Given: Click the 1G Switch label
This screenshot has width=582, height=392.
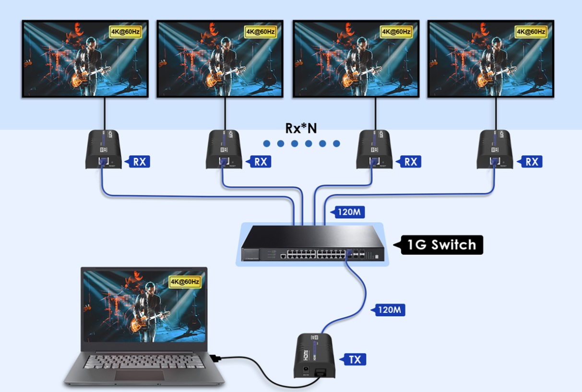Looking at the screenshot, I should (x=441, y=245).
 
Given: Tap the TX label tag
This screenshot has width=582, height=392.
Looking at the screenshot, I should (x=355, y=359).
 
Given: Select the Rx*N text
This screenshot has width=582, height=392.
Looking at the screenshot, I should (x=301, y=128).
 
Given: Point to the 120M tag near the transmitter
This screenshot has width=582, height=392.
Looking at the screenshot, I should (x=389, y=309).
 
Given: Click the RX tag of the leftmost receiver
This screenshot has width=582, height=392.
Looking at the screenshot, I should (x=139, y=162).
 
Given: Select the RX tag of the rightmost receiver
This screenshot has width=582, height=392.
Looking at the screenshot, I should (x=531, y=162).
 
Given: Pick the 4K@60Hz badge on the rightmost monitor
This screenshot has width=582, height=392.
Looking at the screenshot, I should (x=531, y=32).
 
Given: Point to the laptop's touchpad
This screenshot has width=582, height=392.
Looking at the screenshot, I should (x=139, y=375).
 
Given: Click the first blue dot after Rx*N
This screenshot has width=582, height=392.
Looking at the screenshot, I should (x=267, y=143).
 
